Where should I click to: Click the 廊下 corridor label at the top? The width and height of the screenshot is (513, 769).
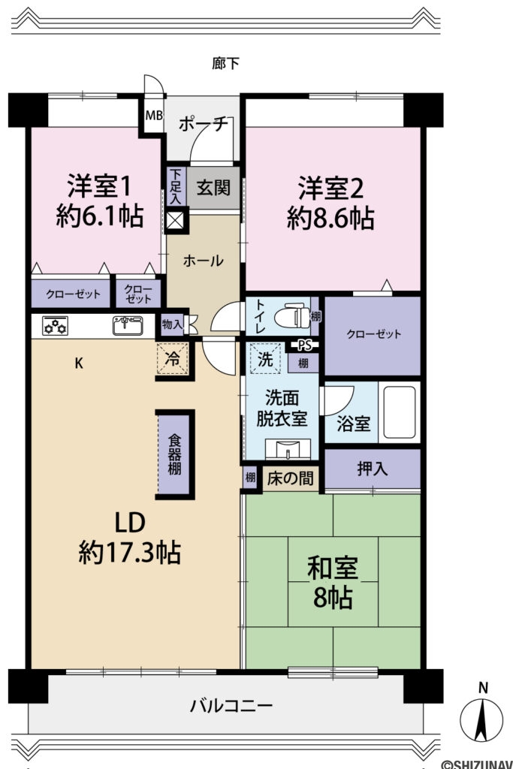point(226,64)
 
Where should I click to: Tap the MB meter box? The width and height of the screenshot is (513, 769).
point(153,116)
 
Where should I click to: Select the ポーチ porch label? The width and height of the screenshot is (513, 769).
point(203,125)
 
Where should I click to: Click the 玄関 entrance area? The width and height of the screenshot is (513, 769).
point(213,188)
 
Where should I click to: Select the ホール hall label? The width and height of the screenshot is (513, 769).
point(204,261)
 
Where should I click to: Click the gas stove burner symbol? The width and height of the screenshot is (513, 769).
point(56,326)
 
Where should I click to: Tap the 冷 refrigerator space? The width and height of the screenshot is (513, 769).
point(173,359)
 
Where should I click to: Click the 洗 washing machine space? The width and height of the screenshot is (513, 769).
point(266,359)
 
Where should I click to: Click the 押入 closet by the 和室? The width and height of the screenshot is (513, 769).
point(372,469)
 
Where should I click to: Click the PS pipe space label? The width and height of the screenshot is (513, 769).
point(304,346)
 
